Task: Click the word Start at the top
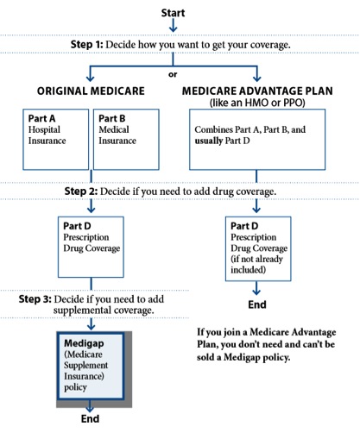click(x=173, y=13)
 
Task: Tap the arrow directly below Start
click(x=173, y=25)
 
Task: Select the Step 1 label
click(x=86, y=45)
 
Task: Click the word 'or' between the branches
click(x=173, y=74)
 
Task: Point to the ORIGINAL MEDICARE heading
click(x=91, y=91)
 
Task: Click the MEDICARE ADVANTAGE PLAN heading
click(x=257, y=91)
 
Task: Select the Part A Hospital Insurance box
click(x=56, y=140)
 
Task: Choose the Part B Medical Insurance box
click(x=126, y=140)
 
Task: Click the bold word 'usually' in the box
click(x=209, y=141)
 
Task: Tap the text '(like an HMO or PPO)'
click(x=257, y=103)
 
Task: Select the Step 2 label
click(x=81, y=191)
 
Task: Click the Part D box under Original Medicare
click(x=91, y=247)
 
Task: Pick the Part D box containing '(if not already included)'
click(x=258, y=248)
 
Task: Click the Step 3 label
click(x=35, y=299)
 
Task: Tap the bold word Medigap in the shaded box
click(x=84, y=343)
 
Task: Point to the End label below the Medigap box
click(x=90, y=418)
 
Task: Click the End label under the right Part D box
click(x=257, y=304)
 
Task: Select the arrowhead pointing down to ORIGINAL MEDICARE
click(x=91, y=78)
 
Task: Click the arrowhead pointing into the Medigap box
click(x=91, y=326)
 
